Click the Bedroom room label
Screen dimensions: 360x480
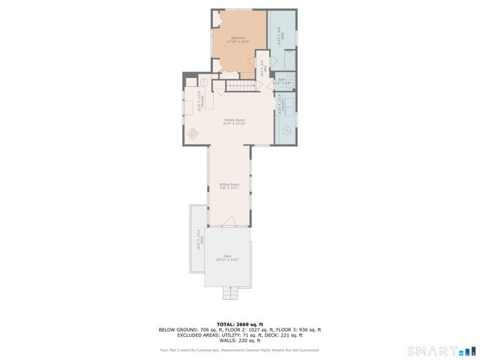click(x=238, y=40)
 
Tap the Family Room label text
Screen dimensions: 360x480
click(x=235, y=121)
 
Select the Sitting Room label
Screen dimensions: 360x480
click(x=229, y=185)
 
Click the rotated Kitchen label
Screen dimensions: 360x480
click(x=199, y=100)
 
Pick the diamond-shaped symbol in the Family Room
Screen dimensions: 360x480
click(x=192, y=134)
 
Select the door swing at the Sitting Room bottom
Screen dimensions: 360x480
click(x=229, y=221)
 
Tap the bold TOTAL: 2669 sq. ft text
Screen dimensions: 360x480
click(x=239, y=324)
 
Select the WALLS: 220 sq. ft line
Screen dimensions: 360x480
click(x=239, y=341)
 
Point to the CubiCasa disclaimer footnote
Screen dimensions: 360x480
click(x=239, y=349)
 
